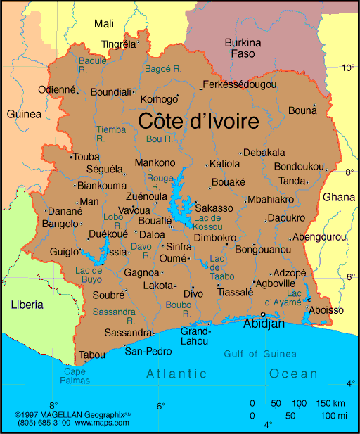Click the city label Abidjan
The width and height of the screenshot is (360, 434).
(x=264, y=324)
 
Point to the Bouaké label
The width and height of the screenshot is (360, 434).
(x=229, y=181)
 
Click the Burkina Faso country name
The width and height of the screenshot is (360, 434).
(x=243, y=48)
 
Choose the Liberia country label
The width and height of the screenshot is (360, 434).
(x=27, y=305)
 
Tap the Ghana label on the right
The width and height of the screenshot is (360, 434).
(x=339, y=197)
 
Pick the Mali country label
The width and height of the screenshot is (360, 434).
(x=104, y=24)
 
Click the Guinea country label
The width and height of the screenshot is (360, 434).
(x=23, y=114)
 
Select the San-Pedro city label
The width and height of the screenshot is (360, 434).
(x=148, y=351)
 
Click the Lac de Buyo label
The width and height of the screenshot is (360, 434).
(x=89, y=275)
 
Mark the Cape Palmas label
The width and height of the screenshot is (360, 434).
(x=77, y=376)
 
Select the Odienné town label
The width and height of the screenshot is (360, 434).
(x=56, y=89)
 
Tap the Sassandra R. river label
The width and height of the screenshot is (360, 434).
(x=114, y=314)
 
